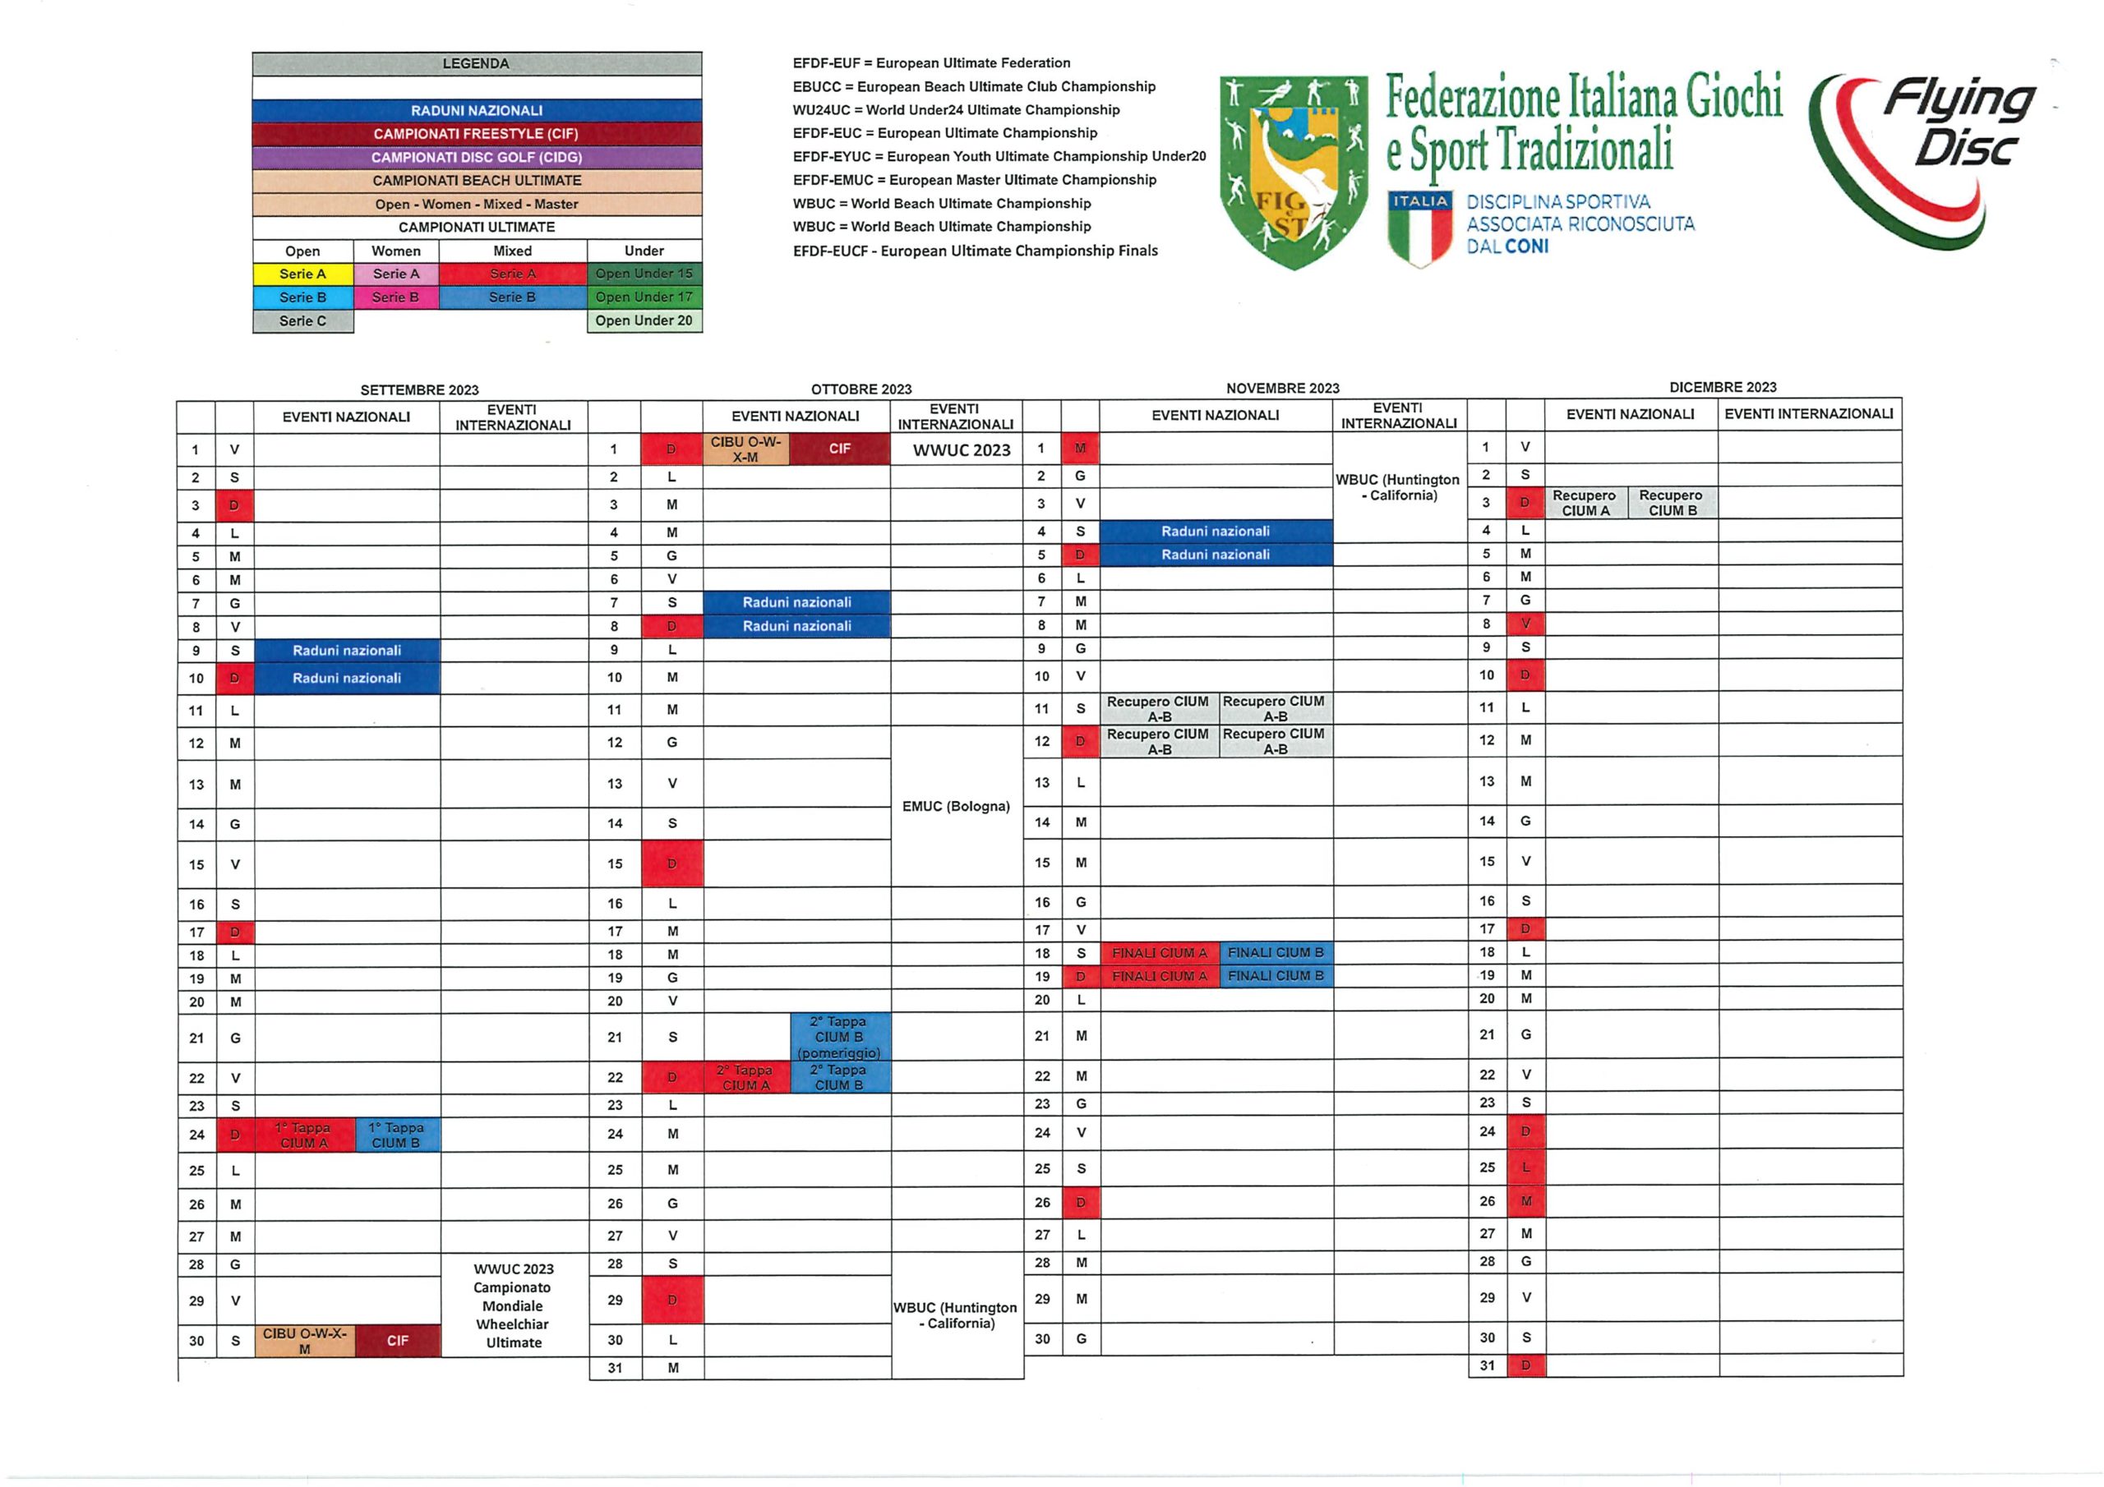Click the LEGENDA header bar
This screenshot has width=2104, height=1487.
[477, 63]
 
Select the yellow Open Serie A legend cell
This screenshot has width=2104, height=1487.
[302, 274]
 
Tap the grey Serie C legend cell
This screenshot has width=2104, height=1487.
[302, 320]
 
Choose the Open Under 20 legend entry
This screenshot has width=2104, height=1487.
[644, 320]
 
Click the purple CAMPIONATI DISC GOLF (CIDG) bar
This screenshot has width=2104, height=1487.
[477, 158]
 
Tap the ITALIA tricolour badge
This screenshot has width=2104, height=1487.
[1419, 229]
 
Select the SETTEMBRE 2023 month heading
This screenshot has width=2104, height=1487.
[419, 390]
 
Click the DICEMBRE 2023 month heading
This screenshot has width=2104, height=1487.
[1722, 388]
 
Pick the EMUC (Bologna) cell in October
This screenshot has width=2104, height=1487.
[956, 806]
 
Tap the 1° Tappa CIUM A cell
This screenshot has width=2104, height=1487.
[304, 1135]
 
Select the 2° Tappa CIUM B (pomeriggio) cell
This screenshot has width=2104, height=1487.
[838, 1037]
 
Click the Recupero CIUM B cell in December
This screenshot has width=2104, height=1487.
[1672, 503]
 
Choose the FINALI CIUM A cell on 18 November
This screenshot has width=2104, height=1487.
[1159, 953]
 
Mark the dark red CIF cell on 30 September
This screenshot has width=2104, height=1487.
[398, 1341]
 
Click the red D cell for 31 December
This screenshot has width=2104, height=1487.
[1525, 1365]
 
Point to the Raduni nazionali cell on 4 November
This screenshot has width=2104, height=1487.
[1215, 532]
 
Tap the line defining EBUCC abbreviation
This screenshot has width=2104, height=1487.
[974, 87]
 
